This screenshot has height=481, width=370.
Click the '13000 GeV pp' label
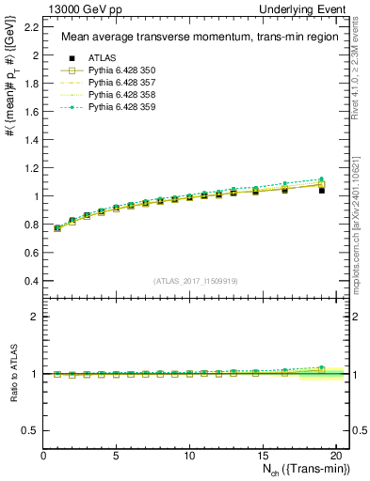tap(83, 9)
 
